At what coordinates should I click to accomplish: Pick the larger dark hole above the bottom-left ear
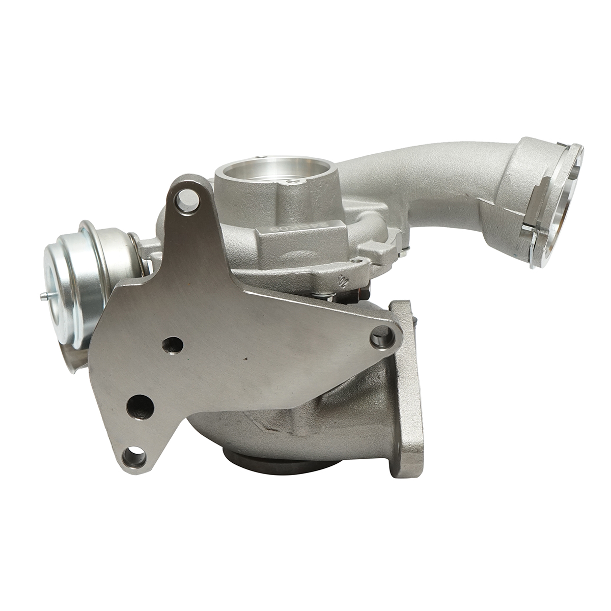[140, 406]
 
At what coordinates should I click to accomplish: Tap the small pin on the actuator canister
[43, 296]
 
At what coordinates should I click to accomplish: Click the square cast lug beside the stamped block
[377, 249]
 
